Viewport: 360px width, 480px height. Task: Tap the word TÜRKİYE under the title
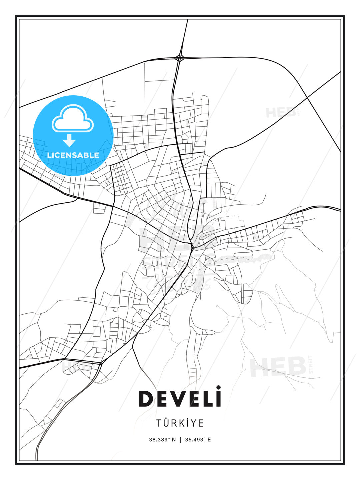pyautogui.click(x=180, y=423)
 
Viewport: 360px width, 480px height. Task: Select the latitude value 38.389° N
pyautogui.click(x=162, y=440)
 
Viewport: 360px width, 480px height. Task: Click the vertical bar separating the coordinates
pyautogui.click(x=180, y=440)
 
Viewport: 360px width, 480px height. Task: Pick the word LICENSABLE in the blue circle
pyautogui.click(x=73, y=155)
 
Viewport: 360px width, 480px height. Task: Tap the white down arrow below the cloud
pyautogui.click(x=69, y=140)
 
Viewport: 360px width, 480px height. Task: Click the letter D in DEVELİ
pyautogui.click(x=146, y=399)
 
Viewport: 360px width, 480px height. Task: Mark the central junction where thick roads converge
pyautogui.click(x=192, y=246)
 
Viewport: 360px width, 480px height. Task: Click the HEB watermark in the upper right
pyautogui.click(x=281, y=112)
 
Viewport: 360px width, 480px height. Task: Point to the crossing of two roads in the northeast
pyautogui.click(x=307, y=97)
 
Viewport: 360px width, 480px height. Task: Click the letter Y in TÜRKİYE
pyautogui.click(x=194, y=423)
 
